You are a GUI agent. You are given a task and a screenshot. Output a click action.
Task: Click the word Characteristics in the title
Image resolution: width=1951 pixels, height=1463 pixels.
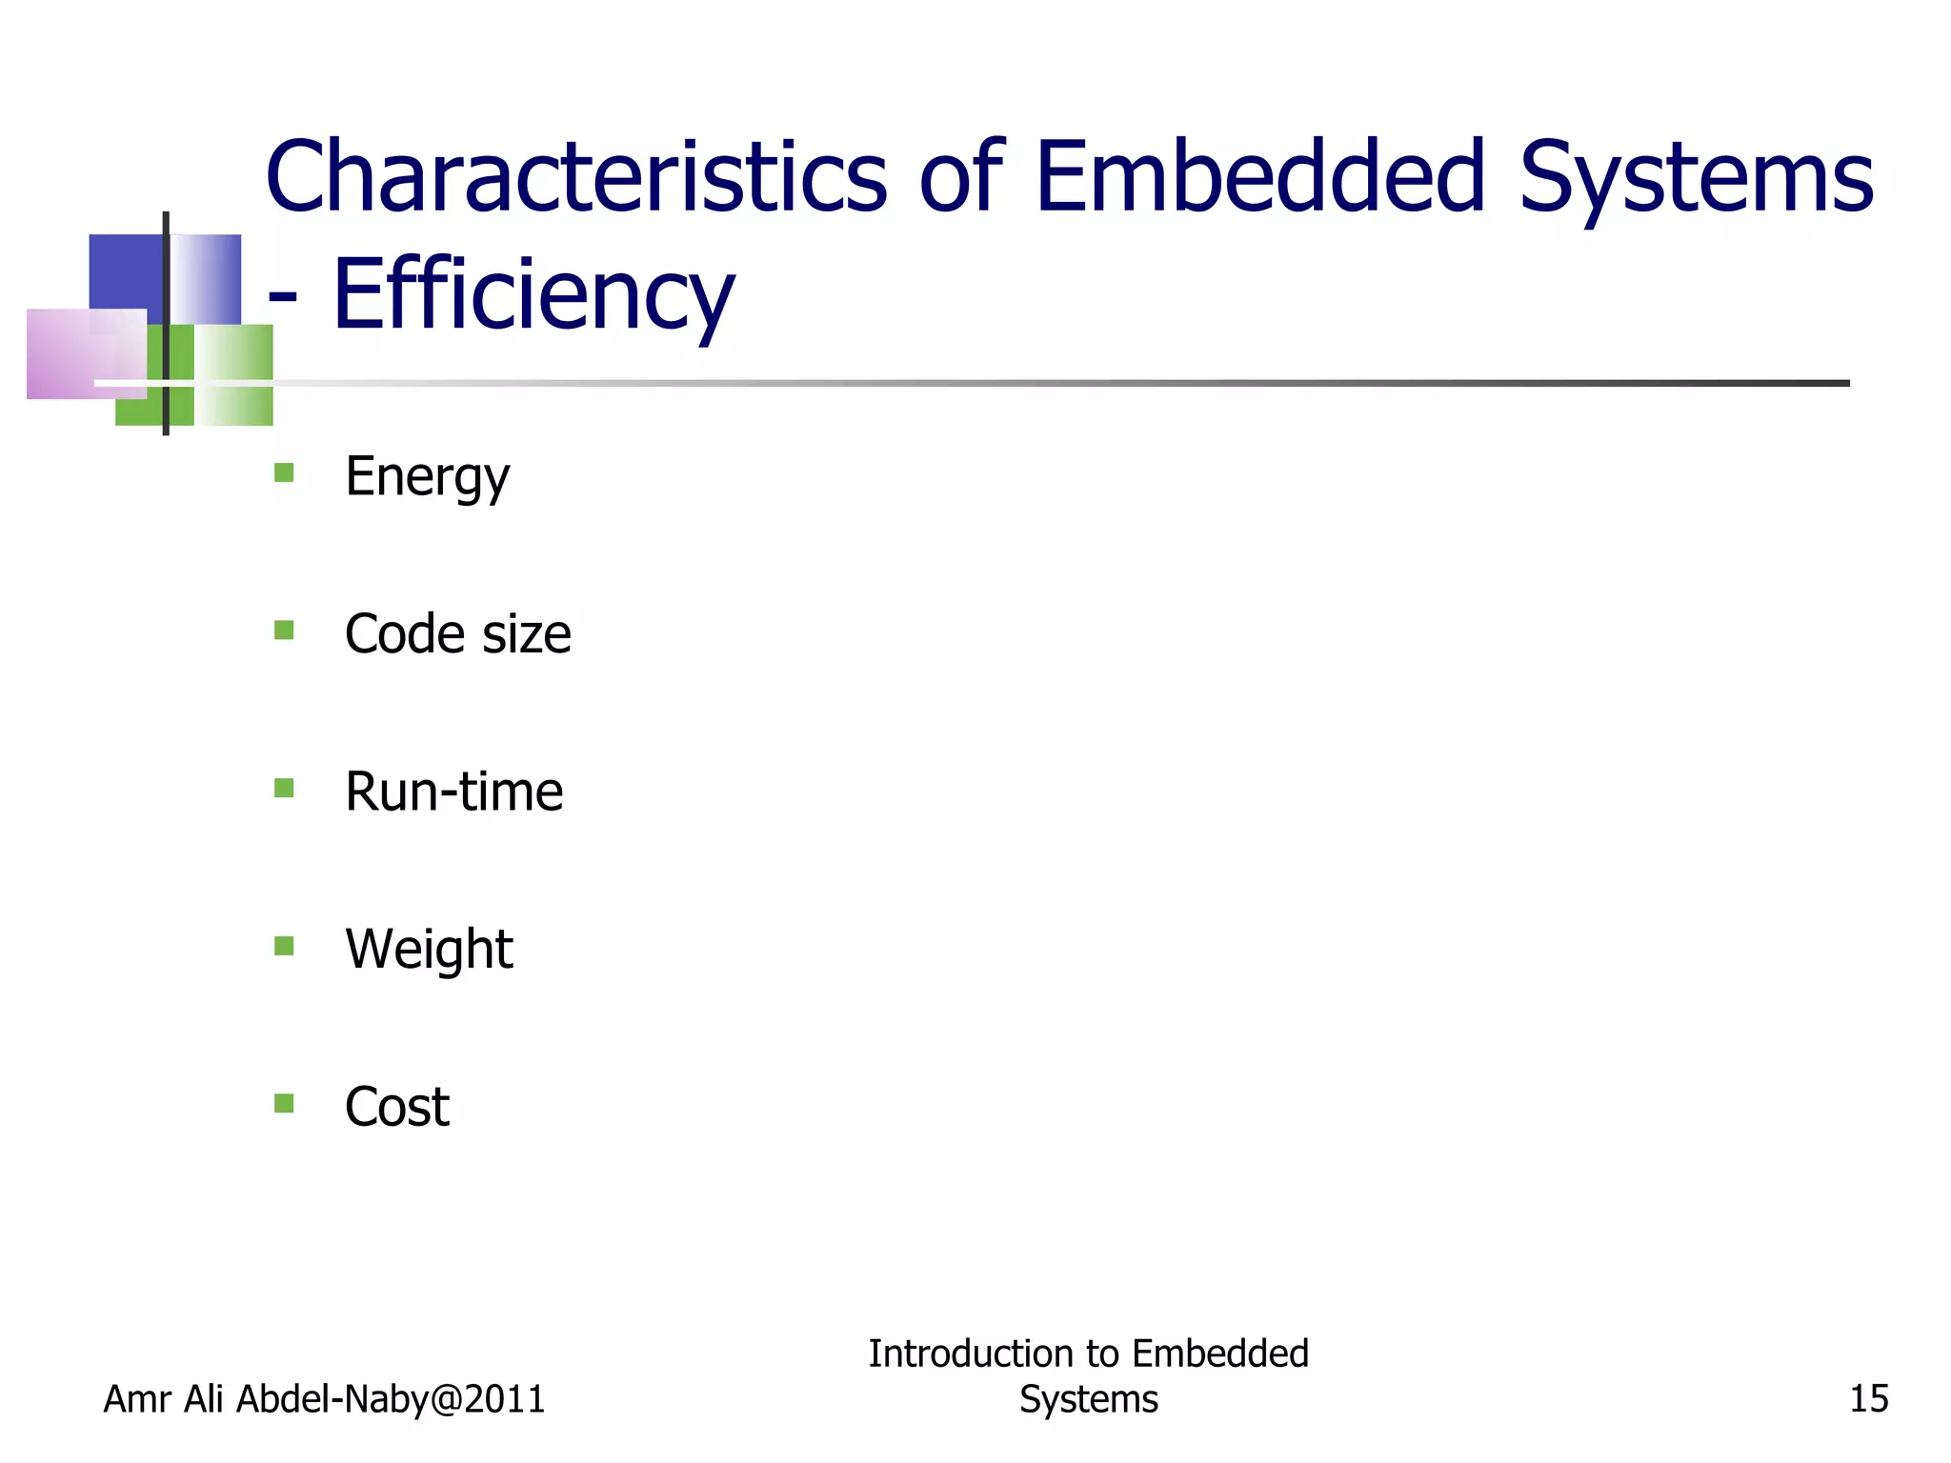pos(576,177)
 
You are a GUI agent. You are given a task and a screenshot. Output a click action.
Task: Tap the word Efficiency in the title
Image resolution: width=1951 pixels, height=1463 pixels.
pos(533,295)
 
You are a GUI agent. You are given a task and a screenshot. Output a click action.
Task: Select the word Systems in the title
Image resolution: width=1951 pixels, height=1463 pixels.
pos(1696,177)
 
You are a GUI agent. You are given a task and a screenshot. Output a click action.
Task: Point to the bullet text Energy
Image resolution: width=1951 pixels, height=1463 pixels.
pos(427,476)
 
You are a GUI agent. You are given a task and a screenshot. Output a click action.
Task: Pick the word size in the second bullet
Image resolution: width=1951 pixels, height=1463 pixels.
pos(527,635)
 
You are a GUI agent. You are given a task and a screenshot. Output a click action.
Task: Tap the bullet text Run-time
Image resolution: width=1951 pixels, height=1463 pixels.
pos(453,792)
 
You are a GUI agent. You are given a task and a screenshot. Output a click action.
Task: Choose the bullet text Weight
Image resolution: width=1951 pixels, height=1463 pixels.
pos(429,950)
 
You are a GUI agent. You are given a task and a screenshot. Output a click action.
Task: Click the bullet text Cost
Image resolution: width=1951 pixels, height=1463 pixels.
pos(396,1107)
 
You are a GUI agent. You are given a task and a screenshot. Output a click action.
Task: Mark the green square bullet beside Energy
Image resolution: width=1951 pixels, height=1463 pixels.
pos(284,472)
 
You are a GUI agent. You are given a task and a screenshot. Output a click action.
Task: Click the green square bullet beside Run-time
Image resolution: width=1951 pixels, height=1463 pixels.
pos(284,788)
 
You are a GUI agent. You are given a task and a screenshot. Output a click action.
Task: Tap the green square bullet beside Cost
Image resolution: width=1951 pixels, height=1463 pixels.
pos(284,1103)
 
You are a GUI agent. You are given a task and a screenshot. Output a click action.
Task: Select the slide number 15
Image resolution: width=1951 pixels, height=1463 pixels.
pos(1868,1399)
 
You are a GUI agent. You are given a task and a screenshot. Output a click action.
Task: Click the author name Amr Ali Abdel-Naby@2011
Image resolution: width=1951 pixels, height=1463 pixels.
pos(324,1399)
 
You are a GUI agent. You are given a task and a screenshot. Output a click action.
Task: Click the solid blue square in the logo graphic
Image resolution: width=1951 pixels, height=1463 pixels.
pos(124,271)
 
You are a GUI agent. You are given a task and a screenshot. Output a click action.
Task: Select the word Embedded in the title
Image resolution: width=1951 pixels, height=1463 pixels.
pos(1259,177)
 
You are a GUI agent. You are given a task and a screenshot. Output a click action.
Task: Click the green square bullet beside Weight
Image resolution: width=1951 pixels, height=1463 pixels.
pos(284,946)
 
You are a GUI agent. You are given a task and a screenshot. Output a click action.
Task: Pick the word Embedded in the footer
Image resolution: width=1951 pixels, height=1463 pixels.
pos(1220,1353)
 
